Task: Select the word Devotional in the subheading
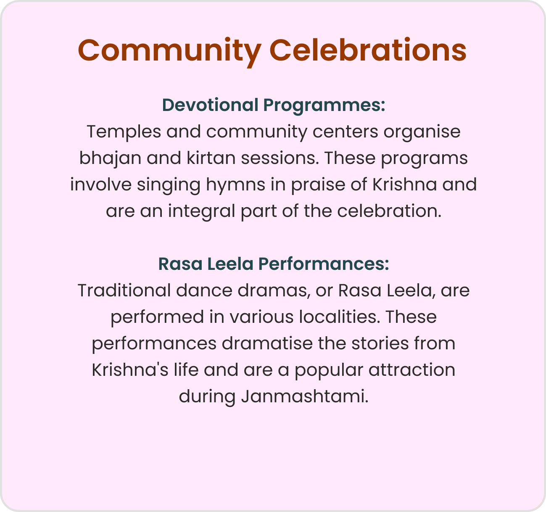click(x=210, y=105)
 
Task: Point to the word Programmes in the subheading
click(x=324, y=105)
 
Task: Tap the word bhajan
click(x=110, y=158)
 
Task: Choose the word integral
click(x=201, y=211)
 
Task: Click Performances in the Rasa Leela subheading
click(x=324, y=264)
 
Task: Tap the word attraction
click(x=412, y=370)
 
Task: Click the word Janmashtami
click(x=304, y=396)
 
